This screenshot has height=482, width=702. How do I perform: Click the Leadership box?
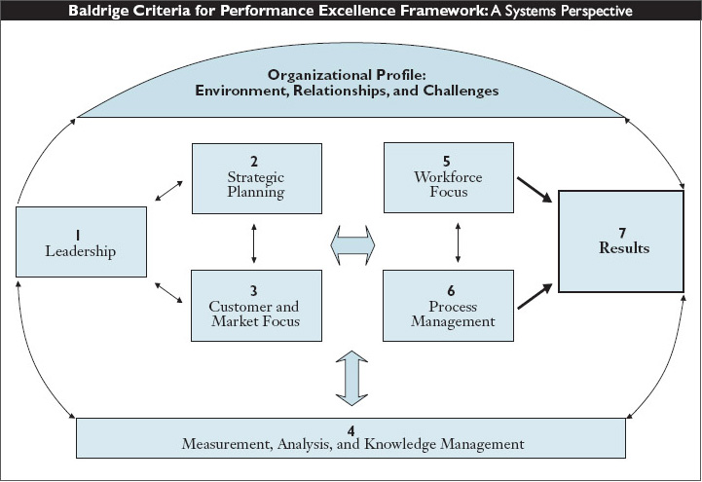coord(80,242)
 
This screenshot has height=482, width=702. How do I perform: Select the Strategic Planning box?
coord(256,178)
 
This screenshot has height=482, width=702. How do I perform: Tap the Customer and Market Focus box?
coord(256,306)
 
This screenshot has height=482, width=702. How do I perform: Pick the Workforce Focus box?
coord(448,178)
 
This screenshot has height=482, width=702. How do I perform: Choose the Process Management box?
coord(448,306)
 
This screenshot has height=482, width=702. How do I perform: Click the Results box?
coord(619,241)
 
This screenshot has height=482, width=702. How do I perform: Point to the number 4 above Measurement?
coord(350,430)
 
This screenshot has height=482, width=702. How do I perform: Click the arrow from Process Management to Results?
coord(534,293)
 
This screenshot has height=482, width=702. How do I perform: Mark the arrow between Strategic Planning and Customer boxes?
coord(254,242)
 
